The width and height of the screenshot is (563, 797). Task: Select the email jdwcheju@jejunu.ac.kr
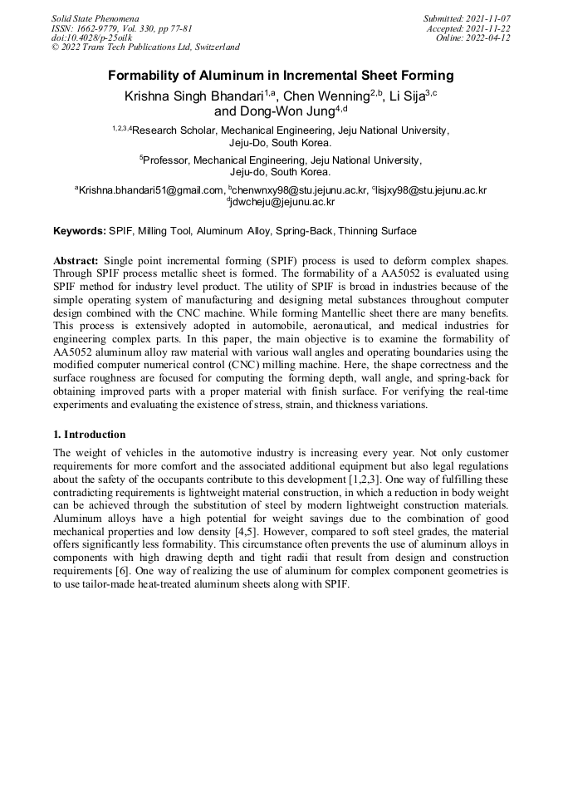282,201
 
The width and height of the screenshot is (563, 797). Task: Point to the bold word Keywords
80,230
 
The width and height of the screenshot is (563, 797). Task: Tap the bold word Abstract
76,260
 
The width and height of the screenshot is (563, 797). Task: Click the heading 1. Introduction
90,434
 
